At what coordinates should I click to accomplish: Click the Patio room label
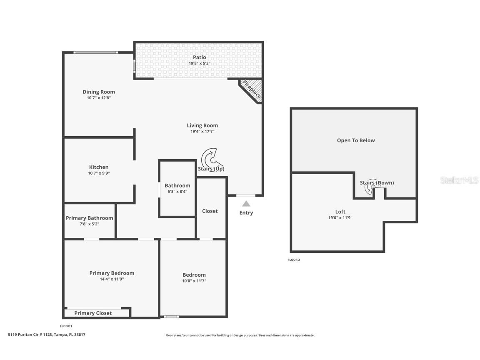point(199,57)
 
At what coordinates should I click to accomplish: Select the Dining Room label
point(99,92)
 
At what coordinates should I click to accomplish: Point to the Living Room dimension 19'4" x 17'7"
point(202,131)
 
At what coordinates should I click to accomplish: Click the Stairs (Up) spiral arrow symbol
point(212,158)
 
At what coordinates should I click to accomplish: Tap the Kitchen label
point(99,167)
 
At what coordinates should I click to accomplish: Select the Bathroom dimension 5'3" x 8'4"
point(177,192)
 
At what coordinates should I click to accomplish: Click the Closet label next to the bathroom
point(210,211)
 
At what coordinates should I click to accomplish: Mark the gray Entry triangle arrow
point(246,204)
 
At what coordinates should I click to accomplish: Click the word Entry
point(246,213)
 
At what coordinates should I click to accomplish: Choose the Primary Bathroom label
point(89,218)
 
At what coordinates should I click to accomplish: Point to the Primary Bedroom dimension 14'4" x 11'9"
point(112,279)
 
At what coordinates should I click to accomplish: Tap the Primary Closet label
point(93,313)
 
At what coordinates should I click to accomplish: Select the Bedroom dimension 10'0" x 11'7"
point(194,281)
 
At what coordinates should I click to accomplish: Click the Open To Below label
point(356,140)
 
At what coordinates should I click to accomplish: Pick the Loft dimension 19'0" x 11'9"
point(340,217)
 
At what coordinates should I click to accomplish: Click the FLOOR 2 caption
point(294,260)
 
